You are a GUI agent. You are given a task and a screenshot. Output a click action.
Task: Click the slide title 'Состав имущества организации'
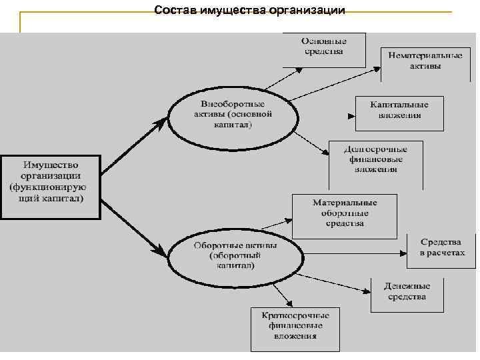(x=249, y=10)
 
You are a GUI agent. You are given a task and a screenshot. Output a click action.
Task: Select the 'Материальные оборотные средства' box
(x=345, y=213)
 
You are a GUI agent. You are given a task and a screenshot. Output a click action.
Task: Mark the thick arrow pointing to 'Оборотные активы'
(x=133, y=224)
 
